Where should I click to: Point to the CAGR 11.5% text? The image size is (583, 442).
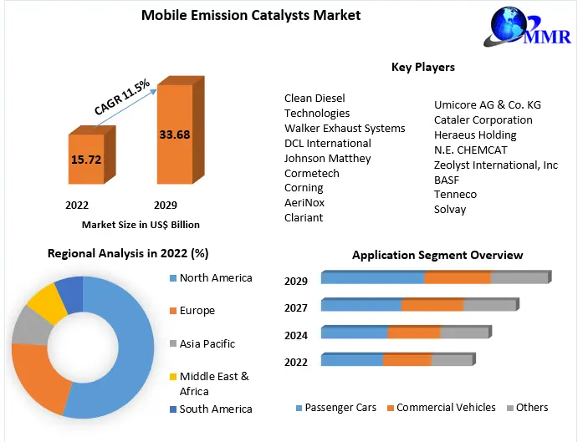[122, 97]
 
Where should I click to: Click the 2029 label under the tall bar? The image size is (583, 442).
[166, 205]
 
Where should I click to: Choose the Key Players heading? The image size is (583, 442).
[422, 67]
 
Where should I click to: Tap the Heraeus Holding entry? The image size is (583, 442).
[475, 135]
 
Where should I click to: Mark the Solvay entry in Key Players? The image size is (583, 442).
[450, 209]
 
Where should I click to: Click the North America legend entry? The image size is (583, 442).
[216, 278]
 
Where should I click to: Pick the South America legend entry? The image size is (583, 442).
[215, 409]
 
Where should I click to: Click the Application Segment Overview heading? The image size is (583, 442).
[437, 255]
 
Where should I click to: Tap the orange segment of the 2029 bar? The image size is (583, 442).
[457, 278]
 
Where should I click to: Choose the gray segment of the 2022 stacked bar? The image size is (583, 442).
[451, 360]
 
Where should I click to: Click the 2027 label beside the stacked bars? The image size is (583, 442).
[296, 307]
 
